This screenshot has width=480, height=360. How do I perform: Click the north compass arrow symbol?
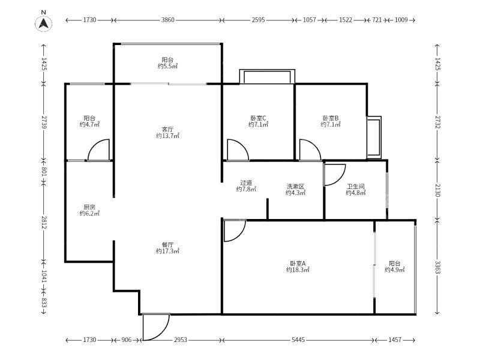43,23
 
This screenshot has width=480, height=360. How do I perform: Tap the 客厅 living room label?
167,130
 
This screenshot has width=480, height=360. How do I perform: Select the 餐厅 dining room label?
167,245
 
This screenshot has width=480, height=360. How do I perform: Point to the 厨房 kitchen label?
89,207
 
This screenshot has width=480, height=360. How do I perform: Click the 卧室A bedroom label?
298,263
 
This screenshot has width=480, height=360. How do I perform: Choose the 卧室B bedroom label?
331,118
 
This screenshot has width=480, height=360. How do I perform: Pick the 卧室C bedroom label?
258,118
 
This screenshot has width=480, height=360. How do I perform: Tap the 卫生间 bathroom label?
356,187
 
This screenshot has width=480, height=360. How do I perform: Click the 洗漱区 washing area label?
295,187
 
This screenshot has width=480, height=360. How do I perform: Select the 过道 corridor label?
246,183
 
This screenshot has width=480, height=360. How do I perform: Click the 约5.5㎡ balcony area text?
168,66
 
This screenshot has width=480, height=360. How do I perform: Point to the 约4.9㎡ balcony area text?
395,269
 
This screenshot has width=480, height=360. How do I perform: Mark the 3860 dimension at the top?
168,20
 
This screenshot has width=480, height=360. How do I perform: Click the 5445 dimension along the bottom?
298,340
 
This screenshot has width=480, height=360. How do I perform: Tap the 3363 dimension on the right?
438,268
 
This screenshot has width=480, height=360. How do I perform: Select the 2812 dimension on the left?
44,223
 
